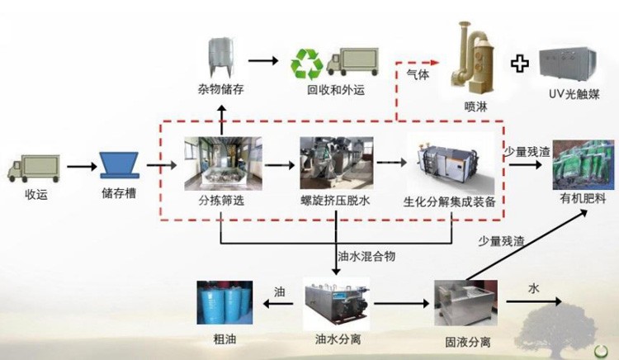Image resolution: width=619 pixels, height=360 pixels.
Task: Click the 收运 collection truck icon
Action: click(x=35, y=168)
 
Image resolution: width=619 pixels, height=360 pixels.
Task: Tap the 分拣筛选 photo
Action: click(x=219, y=160)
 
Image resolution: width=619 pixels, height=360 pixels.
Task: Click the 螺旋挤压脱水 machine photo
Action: click(x=334, y=160)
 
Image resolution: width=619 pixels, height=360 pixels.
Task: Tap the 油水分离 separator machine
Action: click(x=337, y=303)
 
